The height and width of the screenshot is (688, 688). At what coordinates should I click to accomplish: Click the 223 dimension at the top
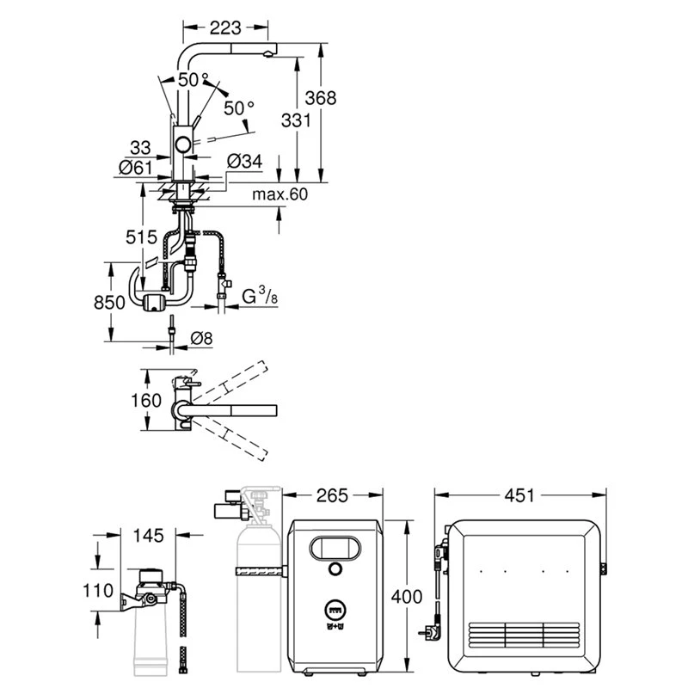(x=226, y=28)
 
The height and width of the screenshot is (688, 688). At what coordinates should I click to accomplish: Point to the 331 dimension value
(x=295, y=121)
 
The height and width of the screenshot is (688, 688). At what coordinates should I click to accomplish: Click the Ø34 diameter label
(x=245, y=161)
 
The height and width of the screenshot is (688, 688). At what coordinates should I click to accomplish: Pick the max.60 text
(x=279, y=195)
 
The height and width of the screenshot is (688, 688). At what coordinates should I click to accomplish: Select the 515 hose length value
(x=141, y=236)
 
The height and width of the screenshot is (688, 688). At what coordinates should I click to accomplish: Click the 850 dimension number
(x=110, y=302)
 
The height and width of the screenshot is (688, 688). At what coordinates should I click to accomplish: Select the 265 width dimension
(x=331, y=495)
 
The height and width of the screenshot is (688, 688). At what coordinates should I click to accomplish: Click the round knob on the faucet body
(x=184, y=144)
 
